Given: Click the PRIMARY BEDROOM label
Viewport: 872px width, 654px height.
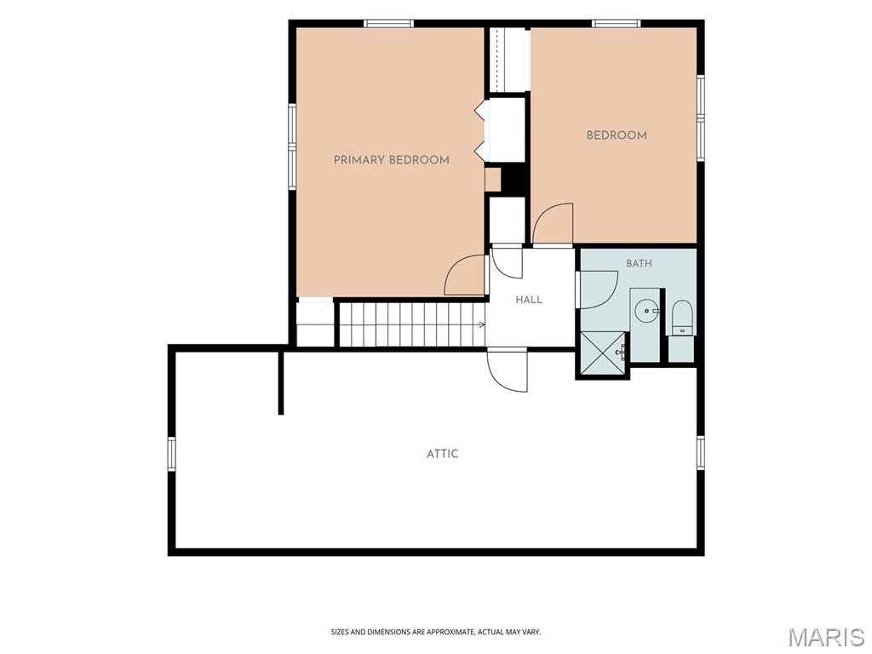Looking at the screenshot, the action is pyautogui.click(x=392, y=160).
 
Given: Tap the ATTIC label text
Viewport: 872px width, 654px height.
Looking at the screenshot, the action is pyautogui.click(x=443, y=454).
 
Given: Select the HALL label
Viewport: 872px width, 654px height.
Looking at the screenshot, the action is pyautogui.click(x=529, y=300).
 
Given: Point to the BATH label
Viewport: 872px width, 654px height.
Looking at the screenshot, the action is pyautogui.click(x=639, y=264).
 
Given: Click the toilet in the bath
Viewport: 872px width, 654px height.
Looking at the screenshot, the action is pyautogui.click(x=682, y=318).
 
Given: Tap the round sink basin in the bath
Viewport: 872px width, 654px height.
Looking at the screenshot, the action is pyautogui.click(x=647, y=311).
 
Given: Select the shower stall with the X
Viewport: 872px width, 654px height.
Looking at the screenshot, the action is pyautogui.click(x=602, y=353).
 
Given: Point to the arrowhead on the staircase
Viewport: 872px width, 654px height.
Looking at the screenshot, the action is pyautogui.click(x=482, y=324).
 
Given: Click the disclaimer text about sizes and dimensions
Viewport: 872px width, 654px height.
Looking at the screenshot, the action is pyautogui.click(x=436, y=632).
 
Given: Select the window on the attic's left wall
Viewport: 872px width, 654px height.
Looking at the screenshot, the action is pyautogui.click(x=172, y=454).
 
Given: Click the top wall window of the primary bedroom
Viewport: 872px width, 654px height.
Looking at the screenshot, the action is pyautogui.click(x=388, y=23).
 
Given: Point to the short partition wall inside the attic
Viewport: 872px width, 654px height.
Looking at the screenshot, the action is pyautogui.click(x=281, y=382).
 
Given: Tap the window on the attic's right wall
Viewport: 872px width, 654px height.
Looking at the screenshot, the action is pyautogui.click(x=701, y=454).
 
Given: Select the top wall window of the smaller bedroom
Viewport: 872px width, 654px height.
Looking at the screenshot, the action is pyautogui.click(x=617, y=23).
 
